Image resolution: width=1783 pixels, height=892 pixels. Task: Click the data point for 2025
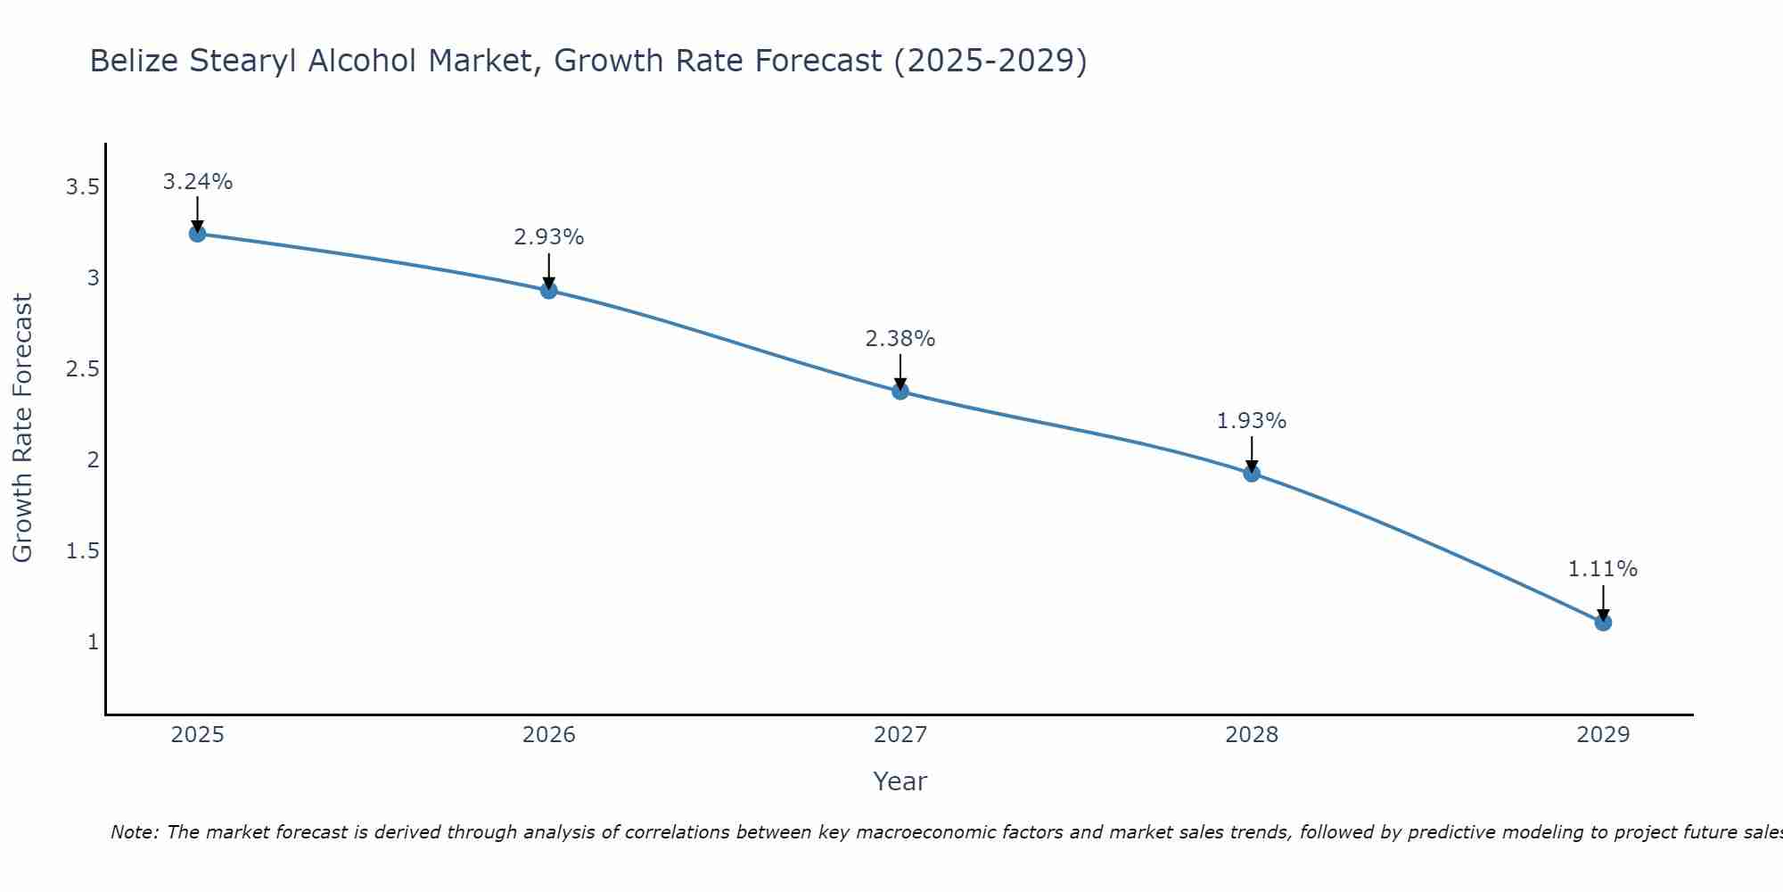coord(197,234)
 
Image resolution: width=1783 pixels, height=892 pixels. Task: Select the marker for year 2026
coord(548,290)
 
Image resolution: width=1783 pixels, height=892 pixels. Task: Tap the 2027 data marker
coord(900,391)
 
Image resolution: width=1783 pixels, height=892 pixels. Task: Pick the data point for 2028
coord(1252,473)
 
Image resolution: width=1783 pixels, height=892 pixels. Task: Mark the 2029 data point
coord(1603,622)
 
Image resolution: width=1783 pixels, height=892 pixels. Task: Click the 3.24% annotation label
coord(197,182)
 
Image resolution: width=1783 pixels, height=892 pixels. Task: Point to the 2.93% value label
coord(548,237)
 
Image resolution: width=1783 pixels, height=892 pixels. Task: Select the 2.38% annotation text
coord(900,339)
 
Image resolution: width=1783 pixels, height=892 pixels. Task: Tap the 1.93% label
coord(1252,421)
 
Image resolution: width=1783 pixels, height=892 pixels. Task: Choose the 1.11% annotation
coord(1603,569)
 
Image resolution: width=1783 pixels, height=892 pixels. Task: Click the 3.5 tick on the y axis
coord(82,187)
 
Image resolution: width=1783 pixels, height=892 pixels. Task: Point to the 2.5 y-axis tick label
coord(82,369)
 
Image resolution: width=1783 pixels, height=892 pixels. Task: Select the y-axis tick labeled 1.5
coord(82,551)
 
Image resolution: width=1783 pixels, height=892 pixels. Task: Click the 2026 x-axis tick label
coord(548,735)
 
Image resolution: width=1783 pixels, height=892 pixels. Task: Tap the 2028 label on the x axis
coord(1252,735)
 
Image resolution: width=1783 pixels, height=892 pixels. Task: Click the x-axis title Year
coord(900,781)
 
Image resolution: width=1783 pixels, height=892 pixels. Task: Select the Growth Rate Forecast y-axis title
coord(22,428)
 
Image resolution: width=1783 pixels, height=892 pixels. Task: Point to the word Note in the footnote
coord(134,832)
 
